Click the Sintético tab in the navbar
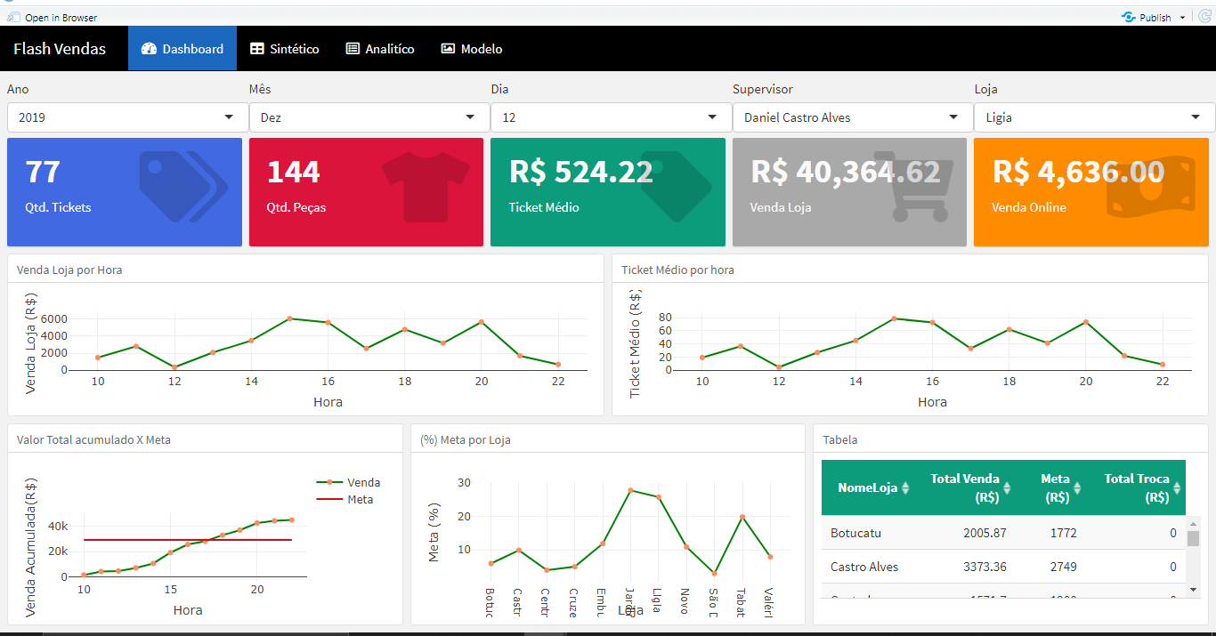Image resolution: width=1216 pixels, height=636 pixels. [x=284, y=49]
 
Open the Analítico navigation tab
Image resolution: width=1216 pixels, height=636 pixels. [x=380, y=49]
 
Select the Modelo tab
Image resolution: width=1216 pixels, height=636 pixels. [x=472, y=49]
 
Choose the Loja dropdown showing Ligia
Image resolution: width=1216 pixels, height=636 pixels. [x=1094, y=117]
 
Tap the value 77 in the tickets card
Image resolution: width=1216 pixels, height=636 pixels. [x=43, y=172]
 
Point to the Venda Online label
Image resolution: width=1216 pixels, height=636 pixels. [x=1028, y=207]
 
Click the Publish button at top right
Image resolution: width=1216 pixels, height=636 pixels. [x=1155, y=17]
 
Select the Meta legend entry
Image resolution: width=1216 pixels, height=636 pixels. [x=360, y=499]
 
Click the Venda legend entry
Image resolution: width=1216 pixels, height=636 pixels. [x=363, y=482]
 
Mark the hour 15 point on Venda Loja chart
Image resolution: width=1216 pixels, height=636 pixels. [x=290, y=318]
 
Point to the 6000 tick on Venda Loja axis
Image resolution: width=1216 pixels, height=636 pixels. [x=54, y=318]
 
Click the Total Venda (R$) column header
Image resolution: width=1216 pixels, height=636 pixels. [x=965, y=487]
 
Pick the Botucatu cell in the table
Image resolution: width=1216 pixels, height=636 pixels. [x=855, y=533]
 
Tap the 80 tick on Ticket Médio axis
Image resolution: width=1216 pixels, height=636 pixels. [x=664, y=318]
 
